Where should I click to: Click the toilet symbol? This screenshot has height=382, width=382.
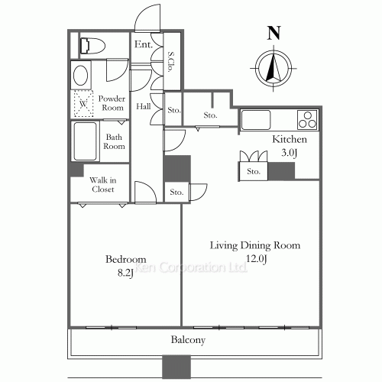(92, 46)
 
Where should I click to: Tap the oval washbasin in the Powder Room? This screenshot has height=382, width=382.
(81, 75)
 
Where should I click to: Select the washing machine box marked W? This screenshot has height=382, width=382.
(83, 104)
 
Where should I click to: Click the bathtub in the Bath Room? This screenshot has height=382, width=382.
(86, 141)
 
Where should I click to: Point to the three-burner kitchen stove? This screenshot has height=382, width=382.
(308, 120)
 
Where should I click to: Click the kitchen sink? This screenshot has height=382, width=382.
(256, 120)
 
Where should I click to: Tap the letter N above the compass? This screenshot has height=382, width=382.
(274, 33)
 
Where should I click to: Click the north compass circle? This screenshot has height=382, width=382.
(274, 69)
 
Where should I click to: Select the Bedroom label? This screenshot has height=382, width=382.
(126, 259)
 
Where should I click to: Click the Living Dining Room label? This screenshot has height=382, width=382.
(255, 245)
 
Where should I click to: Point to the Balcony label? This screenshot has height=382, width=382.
(188, 340)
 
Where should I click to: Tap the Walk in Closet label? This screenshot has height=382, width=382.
(103, 185)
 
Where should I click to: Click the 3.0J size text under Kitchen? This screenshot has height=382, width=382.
(290, 153)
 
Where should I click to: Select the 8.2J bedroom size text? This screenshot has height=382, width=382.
(125, 274)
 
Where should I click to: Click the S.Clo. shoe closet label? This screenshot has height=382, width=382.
(171, 63)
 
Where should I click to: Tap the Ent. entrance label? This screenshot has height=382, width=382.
(144, 44)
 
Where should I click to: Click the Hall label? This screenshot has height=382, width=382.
(144, 106)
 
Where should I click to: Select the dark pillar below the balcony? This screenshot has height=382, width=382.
(176, 367)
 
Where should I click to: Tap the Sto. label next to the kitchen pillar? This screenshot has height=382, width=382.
(254, 171)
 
